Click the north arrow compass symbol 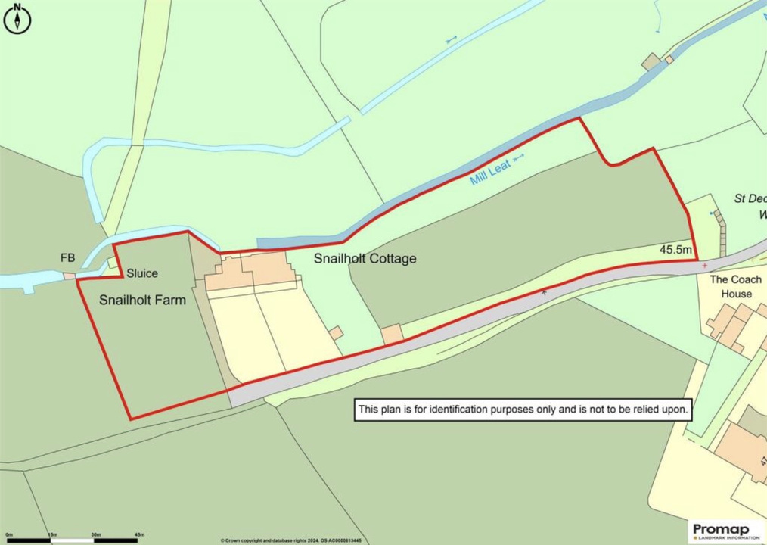[17, 19]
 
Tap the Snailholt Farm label [142, 300]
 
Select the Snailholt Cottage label [365, 259]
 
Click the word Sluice [142, 273]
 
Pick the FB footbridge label [67, 259]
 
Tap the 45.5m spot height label [675, 249]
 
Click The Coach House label [735, 286]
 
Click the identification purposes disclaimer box [523, 410]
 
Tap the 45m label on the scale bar [139, 534]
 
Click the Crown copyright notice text [291, 540]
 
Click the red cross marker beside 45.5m [705, 266]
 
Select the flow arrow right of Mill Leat [519, 159]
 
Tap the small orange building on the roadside [392, 334]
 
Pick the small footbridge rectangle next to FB [70, 276]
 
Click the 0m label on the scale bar [9, 534]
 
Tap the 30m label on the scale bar [96, 534]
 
